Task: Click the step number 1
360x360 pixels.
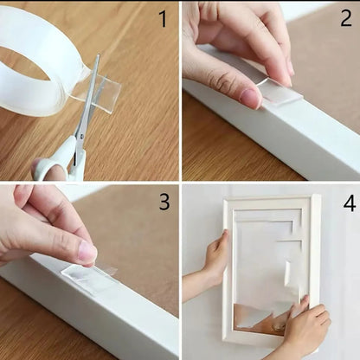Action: (x=164, y=19)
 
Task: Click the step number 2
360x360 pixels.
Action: (x=346, y=18)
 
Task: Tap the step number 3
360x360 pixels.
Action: (x=164, y=202)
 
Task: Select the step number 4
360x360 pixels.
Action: (x=350, y=203)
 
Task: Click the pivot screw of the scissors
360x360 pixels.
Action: (x=81, y=135)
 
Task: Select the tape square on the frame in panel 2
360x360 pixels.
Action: (x=280, y=93)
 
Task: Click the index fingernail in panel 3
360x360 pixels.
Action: (x=87, y=250)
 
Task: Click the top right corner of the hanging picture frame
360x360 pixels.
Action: (x=320, y=195)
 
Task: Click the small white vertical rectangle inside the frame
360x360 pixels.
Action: (x=287, y=273)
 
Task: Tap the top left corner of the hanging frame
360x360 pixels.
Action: (x=224, y=198)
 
